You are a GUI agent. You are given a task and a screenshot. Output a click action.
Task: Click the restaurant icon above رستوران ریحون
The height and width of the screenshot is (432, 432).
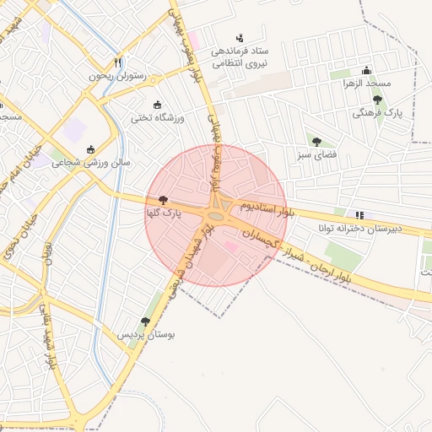[118, 63]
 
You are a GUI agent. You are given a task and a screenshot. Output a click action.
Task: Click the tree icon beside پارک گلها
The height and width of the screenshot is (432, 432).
[163, 200]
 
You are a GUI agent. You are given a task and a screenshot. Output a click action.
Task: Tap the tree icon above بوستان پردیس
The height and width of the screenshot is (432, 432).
[146, 321]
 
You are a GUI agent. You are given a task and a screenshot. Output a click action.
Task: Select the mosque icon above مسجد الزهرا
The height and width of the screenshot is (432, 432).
[366, 71]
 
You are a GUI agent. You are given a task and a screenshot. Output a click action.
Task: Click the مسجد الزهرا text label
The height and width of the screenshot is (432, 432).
[367, 84]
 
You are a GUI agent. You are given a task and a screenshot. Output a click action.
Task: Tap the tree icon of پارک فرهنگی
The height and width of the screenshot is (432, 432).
[377, 100]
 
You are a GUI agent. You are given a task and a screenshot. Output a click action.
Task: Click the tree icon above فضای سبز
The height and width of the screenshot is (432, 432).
[316, 142]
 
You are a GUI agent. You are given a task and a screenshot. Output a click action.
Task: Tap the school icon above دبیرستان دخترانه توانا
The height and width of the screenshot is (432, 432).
[360, 215]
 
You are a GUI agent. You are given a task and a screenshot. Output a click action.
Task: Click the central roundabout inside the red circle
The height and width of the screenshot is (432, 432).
[216, 217]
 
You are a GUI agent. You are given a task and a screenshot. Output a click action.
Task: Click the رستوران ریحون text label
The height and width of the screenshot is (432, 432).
[117, 77]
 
